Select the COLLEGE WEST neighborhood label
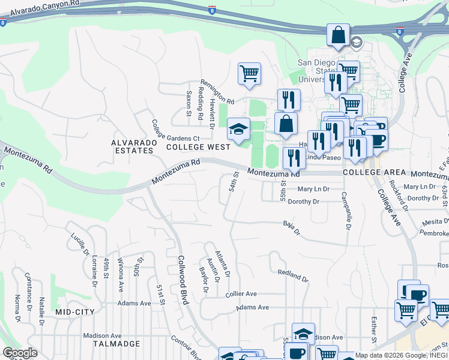(198, 146)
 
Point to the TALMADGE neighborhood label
(116, 344)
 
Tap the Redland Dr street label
(292, 276)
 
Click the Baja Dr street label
(291, 228)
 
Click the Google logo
(20, 353)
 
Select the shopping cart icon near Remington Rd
(249, 74)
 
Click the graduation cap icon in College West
(238, 129)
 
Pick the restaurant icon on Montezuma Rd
(294, 158)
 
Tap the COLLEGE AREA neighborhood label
(370, 172)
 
